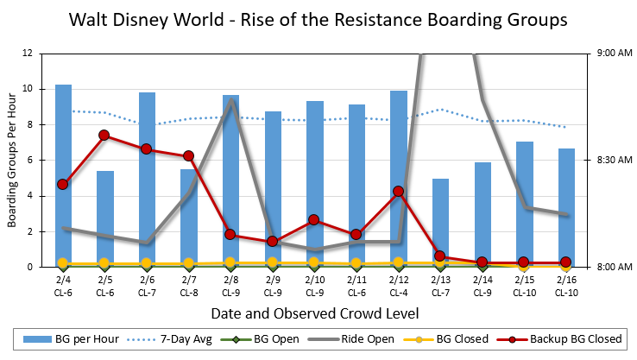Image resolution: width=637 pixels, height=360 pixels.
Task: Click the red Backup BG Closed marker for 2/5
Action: (104, 136)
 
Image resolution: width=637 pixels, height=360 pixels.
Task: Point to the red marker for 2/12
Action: (398, 191)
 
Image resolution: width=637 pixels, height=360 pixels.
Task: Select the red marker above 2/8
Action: (230, 234)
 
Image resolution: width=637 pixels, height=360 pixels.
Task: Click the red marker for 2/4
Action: (63, 185)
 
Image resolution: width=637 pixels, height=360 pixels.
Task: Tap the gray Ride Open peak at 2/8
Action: (231, 100)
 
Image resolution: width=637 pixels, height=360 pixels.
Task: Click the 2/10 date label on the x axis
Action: (314, 280)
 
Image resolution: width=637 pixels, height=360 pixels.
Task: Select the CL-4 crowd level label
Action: (398, 292)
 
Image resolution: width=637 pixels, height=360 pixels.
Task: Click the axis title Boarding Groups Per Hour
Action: (13, 160)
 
